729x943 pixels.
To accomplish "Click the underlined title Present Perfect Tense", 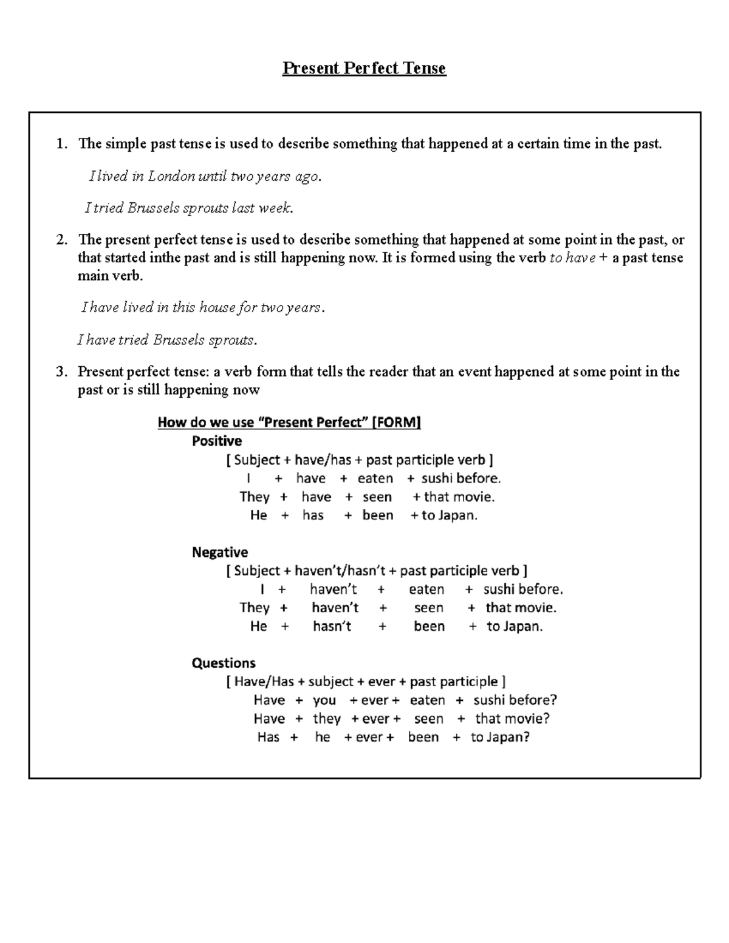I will point(364,68).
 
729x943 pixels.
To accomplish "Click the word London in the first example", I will point(171,176).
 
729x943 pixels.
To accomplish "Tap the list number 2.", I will point(61,240).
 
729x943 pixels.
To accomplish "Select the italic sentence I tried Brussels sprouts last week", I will point(189,208).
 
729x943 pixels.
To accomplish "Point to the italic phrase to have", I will point(572,258).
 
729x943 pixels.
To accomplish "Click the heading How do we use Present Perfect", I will point(289,422).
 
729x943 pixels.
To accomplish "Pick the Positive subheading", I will point(217,441).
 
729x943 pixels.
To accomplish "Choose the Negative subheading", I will point(220,552).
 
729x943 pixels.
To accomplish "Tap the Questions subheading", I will point(224,663).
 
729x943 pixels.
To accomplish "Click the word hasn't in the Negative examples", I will point(332,626).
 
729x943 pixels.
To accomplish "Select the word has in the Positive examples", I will point(313,516).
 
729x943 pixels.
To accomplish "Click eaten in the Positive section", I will point(375,478).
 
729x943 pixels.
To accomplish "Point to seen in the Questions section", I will point(428,719).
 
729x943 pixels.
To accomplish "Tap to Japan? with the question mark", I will point(500,737).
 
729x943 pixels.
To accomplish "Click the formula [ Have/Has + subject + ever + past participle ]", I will point(366,681).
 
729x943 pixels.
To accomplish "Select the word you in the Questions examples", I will point(324,700).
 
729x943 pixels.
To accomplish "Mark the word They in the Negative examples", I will point(255,608).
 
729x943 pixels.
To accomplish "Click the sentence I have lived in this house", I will point(203,308).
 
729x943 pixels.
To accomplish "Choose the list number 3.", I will point(61,372).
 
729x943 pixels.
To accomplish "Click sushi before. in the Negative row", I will point(523,589).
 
